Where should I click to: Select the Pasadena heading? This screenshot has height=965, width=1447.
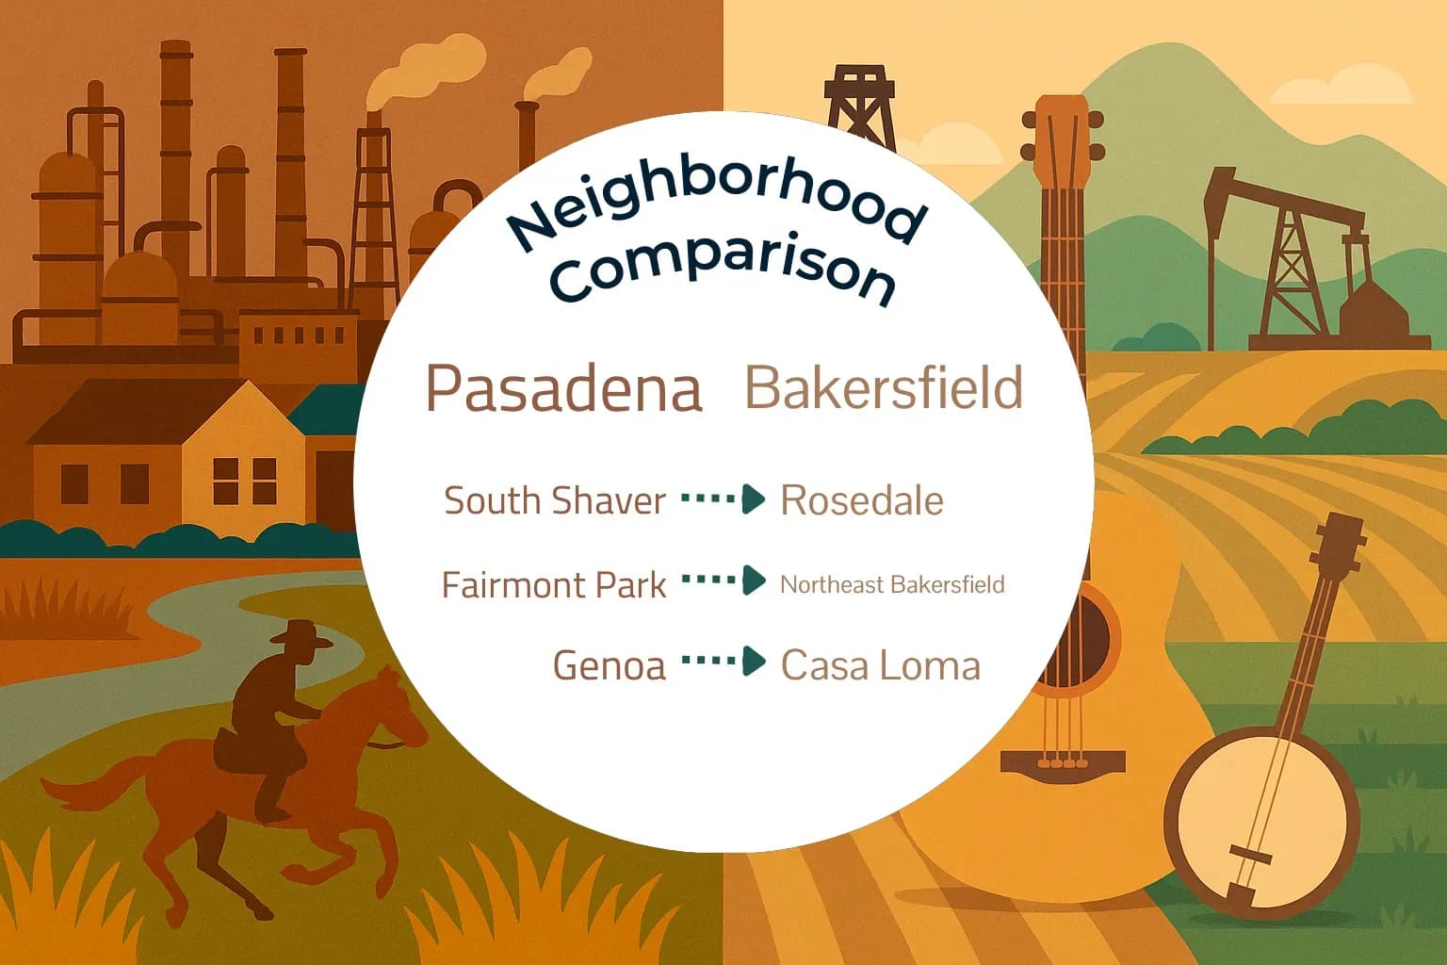tap(563, 388)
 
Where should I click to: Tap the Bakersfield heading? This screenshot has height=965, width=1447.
tap(884, 387)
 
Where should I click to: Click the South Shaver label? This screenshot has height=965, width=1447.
tap(555, 500)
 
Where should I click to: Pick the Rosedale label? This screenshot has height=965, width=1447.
tap(862, 500)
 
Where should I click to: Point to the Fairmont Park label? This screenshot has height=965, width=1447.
tap(554, 585)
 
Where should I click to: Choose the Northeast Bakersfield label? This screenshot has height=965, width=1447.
tap(892, 584)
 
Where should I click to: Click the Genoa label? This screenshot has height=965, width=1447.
tap(609, 665)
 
